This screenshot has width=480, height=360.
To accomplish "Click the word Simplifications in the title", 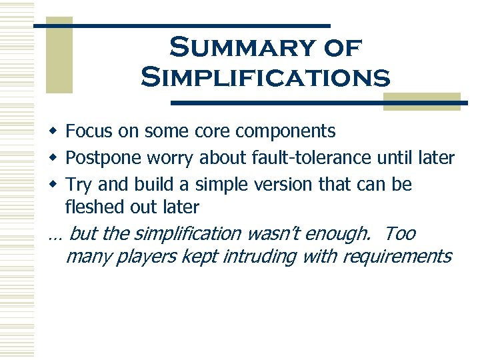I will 265,77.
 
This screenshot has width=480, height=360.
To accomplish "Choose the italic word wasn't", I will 277,234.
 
